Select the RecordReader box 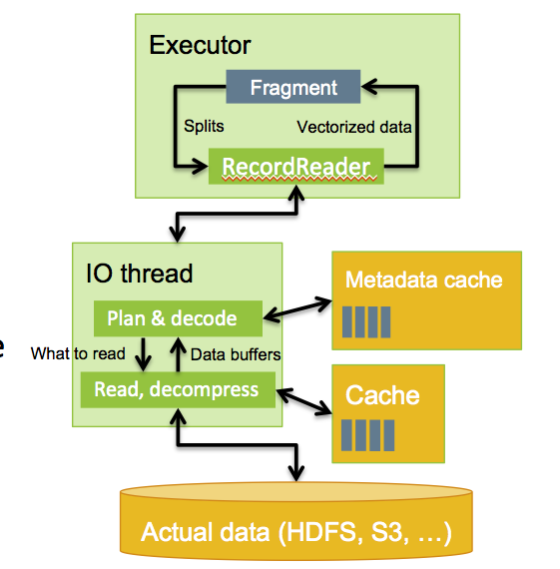[294, 166]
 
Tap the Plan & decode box [178, 318]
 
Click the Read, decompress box [177, 388]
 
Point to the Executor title [200, 45]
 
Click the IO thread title [140, 273]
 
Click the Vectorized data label [353, 128]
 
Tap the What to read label [79, 353]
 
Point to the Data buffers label [236, 353]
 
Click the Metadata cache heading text [423, 280]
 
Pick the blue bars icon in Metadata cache [365, 321]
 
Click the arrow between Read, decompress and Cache [303, 398]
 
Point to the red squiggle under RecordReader [294, 179]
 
